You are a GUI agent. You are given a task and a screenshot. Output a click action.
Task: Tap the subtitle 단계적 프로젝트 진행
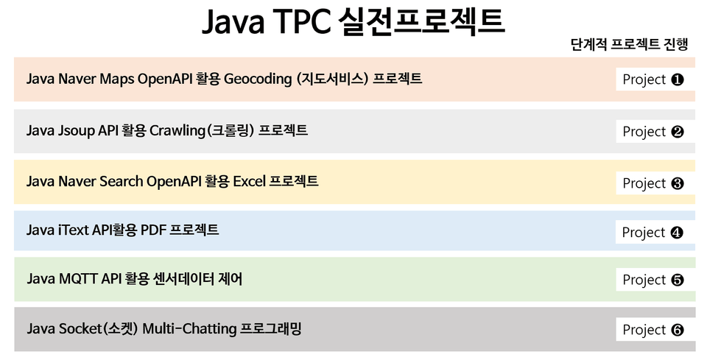[629, 44]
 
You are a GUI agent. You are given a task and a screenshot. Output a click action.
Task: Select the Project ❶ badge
[653, 80]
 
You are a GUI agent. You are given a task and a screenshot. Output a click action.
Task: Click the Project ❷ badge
[653, 132]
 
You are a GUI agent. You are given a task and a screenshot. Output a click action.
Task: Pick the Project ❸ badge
[653, 183]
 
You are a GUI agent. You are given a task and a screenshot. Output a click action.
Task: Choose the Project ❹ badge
[653, 233]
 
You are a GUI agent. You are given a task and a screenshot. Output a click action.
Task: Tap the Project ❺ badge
[653, 280]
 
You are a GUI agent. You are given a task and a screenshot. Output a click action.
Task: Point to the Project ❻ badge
[653, 330]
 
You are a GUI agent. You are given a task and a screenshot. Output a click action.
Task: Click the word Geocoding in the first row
[258, 80]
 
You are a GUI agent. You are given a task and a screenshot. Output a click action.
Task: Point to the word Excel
[249, 181]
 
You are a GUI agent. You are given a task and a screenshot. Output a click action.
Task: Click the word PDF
[153, 230]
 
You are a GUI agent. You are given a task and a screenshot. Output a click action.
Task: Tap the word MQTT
[78, 279]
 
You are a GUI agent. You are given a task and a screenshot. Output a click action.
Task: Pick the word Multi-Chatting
[189, 329]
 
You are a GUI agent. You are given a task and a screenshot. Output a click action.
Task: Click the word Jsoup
[76, 131]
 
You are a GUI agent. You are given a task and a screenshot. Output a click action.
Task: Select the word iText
[74, 230]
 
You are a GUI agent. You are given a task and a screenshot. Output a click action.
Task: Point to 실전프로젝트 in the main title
[421, 21]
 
